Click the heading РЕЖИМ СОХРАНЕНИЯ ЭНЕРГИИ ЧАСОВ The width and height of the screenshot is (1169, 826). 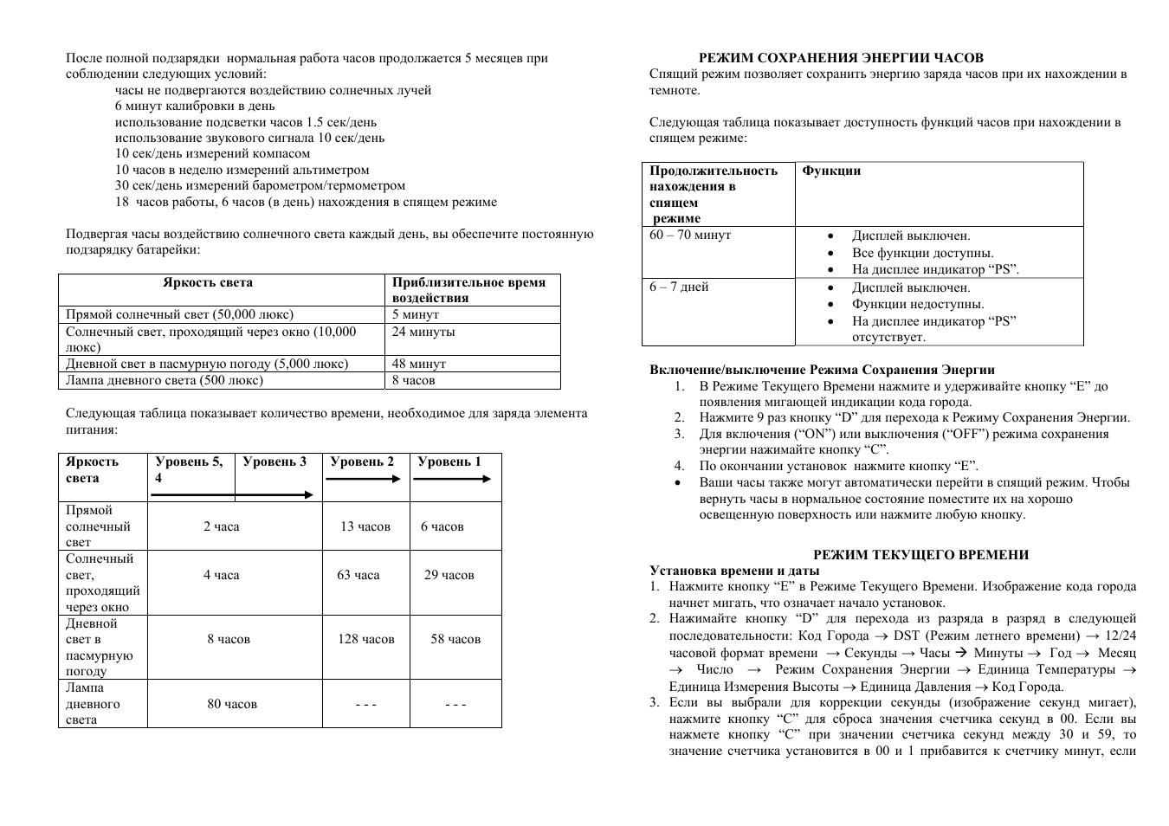[841, 58]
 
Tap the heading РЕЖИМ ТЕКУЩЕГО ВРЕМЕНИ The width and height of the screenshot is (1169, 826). [920, 555]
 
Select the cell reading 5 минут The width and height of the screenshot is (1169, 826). [416, 314]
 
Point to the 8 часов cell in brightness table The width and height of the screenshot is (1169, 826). [414, 380]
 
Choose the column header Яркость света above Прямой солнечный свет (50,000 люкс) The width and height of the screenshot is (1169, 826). [208, 282]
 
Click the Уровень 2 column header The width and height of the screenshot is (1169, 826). [362, 461]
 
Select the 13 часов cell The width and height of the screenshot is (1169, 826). [365, 526]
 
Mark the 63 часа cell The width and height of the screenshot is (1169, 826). [358, 575]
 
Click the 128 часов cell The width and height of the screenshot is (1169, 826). [366, 639]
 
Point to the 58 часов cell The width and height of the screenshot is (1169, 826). [455, 639]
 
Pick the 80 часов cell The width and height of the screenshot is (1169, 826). [232, 704]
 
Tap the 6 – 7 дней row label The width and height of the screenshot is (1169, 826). [679, 287]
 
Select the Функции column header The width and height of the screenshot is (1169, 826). [831, 171]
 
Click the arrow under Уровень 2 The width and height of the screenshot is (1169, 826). [365, 478]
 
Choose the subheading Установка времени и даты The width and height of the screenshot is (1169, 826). [734, 571]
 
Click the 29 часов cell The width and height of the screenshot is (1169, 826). [449, 575]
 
